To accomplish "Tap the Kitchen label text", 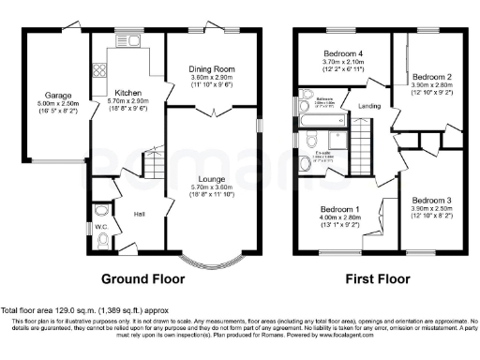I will click(x=127, y=94).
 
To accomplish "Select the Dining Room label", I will click(x=213, y=68).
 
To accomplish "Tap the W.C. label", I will click(x=101, y=226).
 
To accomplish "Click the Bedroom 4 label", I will click(x=343, y=53).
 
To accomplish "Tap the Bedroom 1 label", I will click(x=340, y=208).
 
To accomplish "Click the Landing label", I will click(x=368, y=106).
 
